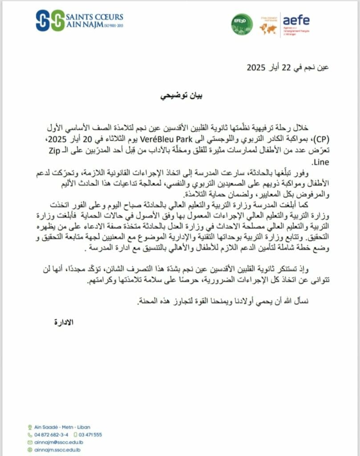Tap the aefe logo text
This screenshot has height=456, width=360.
(x=296, y=20)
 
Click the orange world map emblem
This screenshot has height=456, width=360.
(x=268, y=28)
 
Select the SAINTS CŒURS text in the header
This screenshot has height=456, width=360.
(x=95, y=17)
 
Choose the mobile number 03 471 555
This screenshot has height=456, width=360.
(x=91, y=434)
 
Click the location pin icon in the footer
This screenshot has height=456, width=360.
(x=29, y=426)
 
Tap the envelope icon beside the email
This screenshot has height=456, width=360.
(x=29, y=442)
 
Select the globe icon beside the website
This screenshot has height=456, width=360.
(x=29, y=450)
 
